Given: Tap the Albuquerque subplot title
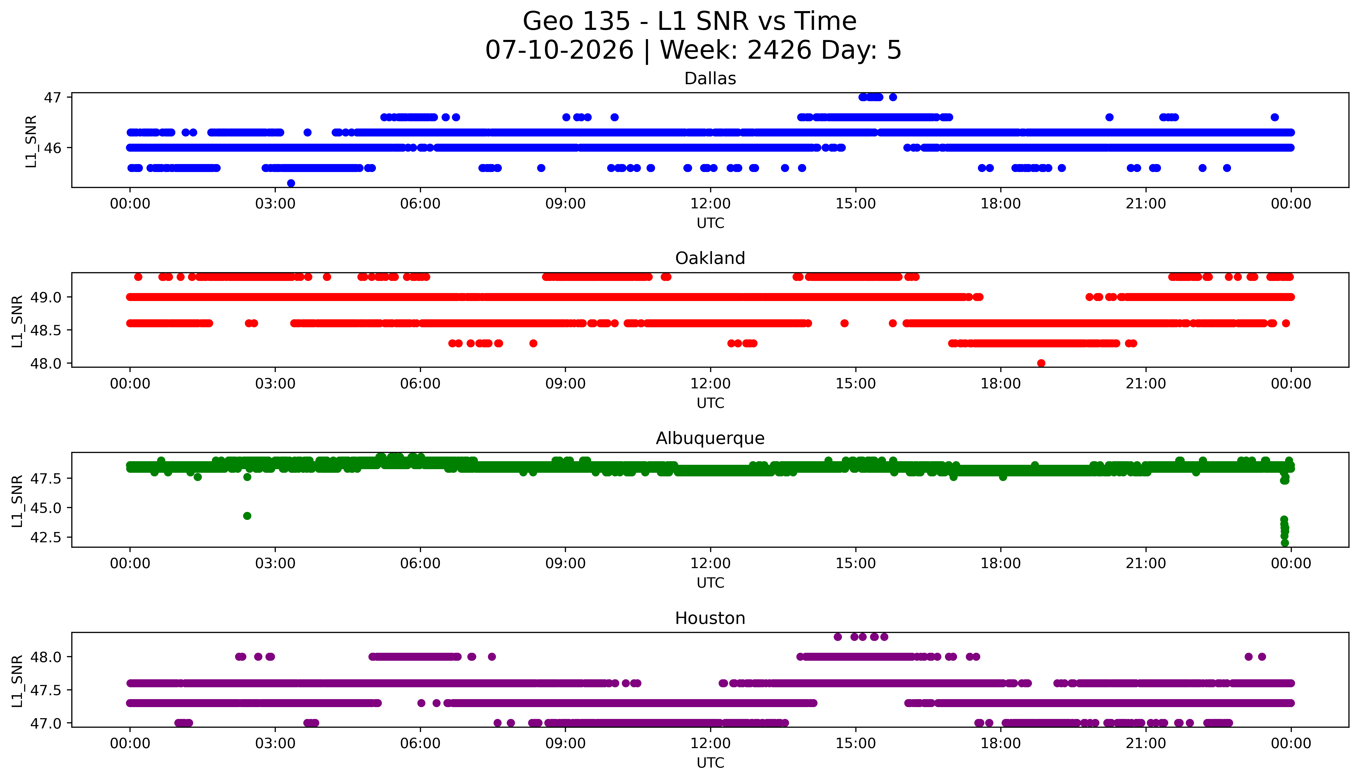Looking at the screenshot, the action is tap(710, 438).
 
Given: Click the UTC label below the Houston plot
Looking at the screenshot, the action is tap(710, 763).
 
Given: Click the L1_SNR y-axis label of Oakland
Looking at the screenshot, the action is tap(17, 321).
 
